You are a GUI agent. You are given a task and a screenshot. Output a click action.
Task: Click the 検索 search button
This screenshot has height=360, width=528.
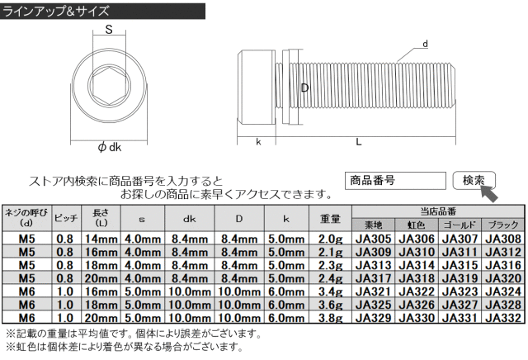click(473, 180)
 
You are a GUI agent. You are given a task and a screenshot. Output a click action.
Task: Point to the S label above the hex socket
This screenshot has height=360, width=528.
click(108, 31)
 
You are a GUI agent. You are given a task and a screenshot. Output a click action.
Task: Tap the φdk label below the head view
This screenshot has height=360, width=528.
click(109, 146)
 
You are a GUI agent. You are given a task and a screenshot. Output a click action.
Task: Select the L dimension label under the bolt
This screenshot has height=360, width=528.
click(359, 142)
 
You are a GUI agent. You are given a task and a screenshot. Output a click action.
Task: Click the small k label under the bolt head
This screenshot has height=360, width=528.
click(258, 142)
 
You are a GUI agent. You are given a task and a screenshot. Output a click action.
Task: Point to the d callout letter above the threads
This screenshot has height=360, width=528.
click(424, 43)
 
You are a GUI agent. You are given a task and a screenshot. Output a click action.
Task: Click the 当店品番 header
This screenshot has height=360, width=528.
click(438, 211)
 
